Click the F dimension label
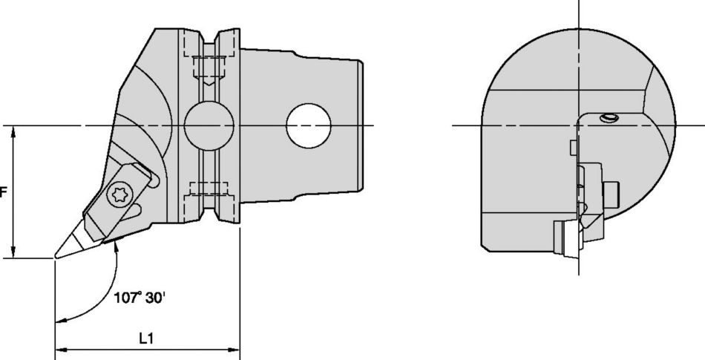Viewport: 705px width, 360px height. [x=4, y=192]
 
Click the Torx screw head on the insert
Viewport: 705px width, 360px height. [x=119, y=195]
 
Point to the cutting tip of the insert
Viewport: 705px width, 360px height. [x=54, y=258]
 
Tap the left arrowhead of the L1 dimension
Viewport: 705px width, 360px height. [x=60, y=349]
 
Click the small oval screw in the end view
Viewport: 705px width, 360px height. [x=609, y=118]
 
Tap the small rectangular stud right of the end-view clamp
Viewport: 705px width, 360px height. [x=613, y=194]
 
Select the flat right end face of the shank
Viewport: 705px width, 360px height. [x=363, y=125]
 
